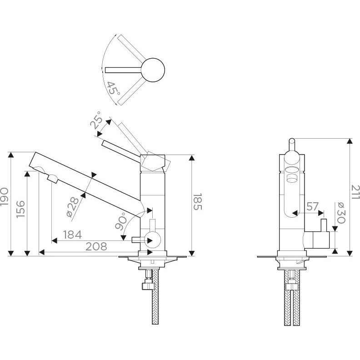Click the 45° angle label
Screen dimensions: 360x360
pos(113,87)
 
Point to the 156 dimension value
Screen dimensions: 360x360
pos(20,210)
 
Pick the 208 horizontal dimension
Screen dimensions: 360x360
pos(96,246)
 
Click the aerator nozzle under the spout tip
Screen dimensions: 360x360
pos(53,179)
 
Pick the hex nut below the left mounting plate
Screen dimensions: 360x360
pos(148,285)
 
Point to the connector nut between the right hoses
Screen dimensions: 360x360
pos(291,286)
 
